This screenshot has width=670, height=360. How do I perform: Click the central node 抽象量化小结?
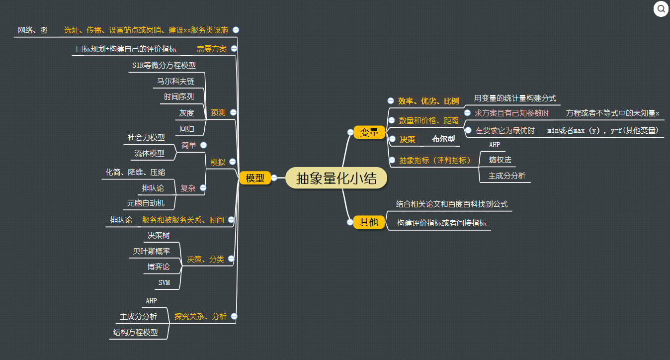pos(336,178)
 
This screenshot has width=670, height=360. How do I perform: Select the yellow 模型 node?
pos(255,179)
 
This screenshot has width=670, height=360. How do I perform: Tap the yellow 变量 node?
pos(369,132)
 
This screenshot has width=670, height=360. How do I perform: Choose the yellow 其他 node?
pos(369,222)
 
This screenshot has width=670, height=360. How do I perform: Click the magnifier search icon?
pos(661,9)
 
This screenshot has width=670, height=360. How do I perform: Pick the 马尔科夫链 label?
pos(176,81)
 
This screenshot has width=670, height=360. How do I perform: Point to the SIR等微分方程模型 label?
pos(164,65)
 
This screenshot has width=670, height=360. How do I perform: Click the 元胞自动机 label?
pos(146,203)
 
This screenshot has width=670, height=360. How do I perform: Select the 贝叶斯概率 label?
pos(151,251)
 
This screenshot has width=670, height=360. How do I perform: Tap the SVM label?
pos(164,283)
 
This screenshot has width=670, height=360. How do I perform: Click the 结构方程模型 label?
pos(136,332)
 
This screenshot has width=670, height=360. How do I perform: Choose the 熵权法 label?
pos(500,160)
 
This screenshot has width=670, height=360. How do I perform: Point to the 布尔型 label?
pos(443,139)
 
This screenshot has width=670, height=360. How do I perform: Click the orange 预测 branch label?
pos(218,113)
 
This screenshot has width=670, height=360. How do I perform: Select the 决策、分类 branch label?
pos(205,259)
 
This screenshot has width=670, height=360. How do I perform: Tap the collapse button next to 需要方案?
pos(234,49)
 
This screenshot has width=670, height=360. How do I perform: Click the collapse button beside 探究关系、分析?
pos(234,316)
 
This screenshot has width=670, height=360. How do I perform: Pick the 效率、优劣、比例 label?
pos(428,101)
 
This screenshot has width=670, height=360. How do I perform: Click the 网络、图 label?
pos(33,30)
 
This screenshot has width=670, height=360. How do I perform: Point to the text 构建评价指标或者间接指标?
pos(441,223)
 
